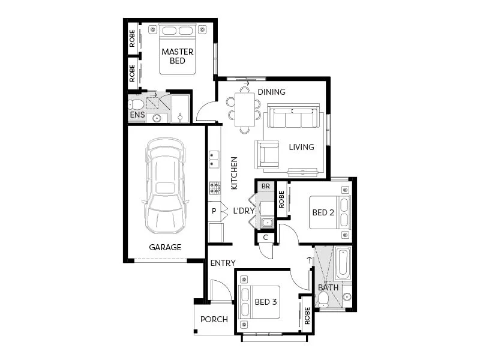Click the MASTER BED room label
(178, 56)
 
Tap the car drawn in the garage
(166, 185)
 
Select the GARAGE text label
(165, 247)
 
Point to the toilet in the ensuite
(136, 104)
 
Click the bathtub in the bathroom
(343, 263)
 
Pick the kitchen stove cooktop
(215, 188)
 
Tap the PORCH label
(214, 320)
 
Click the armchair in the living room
(267, 154)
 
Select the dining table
(245, 110)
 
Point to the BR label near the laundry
(266, 186)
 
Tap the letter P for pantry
(214, 211)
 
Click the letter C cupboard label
(265, 237)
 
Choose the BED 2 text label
(323, 212)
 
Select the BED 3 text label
(266, 302)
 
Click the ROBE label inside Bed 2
(281, 200)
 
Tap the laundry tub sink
(268, 223)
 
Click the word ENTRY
(223, 263)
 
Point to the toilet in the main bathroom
(323, 299)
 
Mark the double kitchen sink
(214, 160)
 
